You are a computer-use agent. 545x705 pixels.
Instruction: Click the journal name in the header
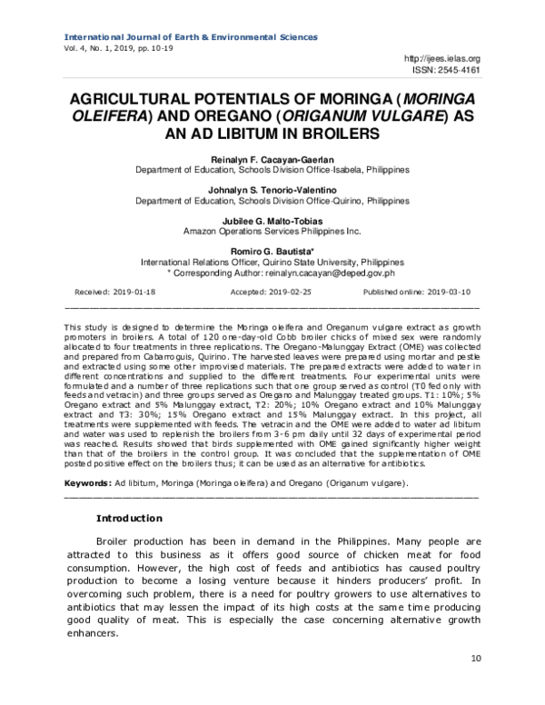pyautogui.click(x=190, y=37)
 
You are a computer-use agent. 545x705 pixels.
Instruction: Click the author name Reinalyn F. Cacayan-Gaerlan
pyautogui.click(x=272, y=158)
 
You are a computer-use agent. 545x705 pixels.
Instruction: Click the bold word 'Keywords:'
pyautogui.click(x=89, y=483)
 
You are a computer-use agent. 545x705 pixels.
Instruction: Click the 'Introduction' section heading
pyautogui.click(x=129, y=519)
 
